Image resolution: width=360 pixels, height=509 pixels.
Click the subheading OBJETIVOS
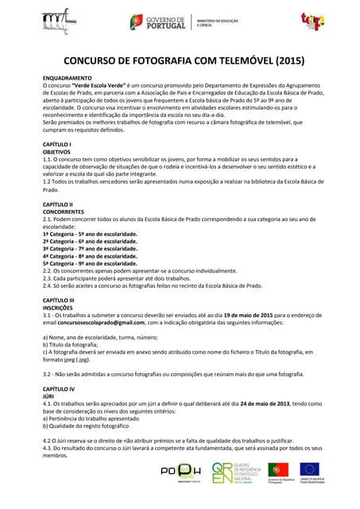tap(56, 151)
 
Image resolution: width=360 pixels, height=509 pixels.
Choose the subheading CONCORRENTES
tap(63, 212)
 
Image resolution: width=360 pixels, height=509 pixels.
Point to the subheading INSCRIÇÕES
tap(57, 308)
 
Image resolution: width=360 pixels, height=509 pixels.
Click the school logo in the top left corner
tap(60, 21)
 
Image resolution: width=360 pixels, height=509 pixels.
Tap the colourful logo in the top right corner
tap(312, 21)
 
